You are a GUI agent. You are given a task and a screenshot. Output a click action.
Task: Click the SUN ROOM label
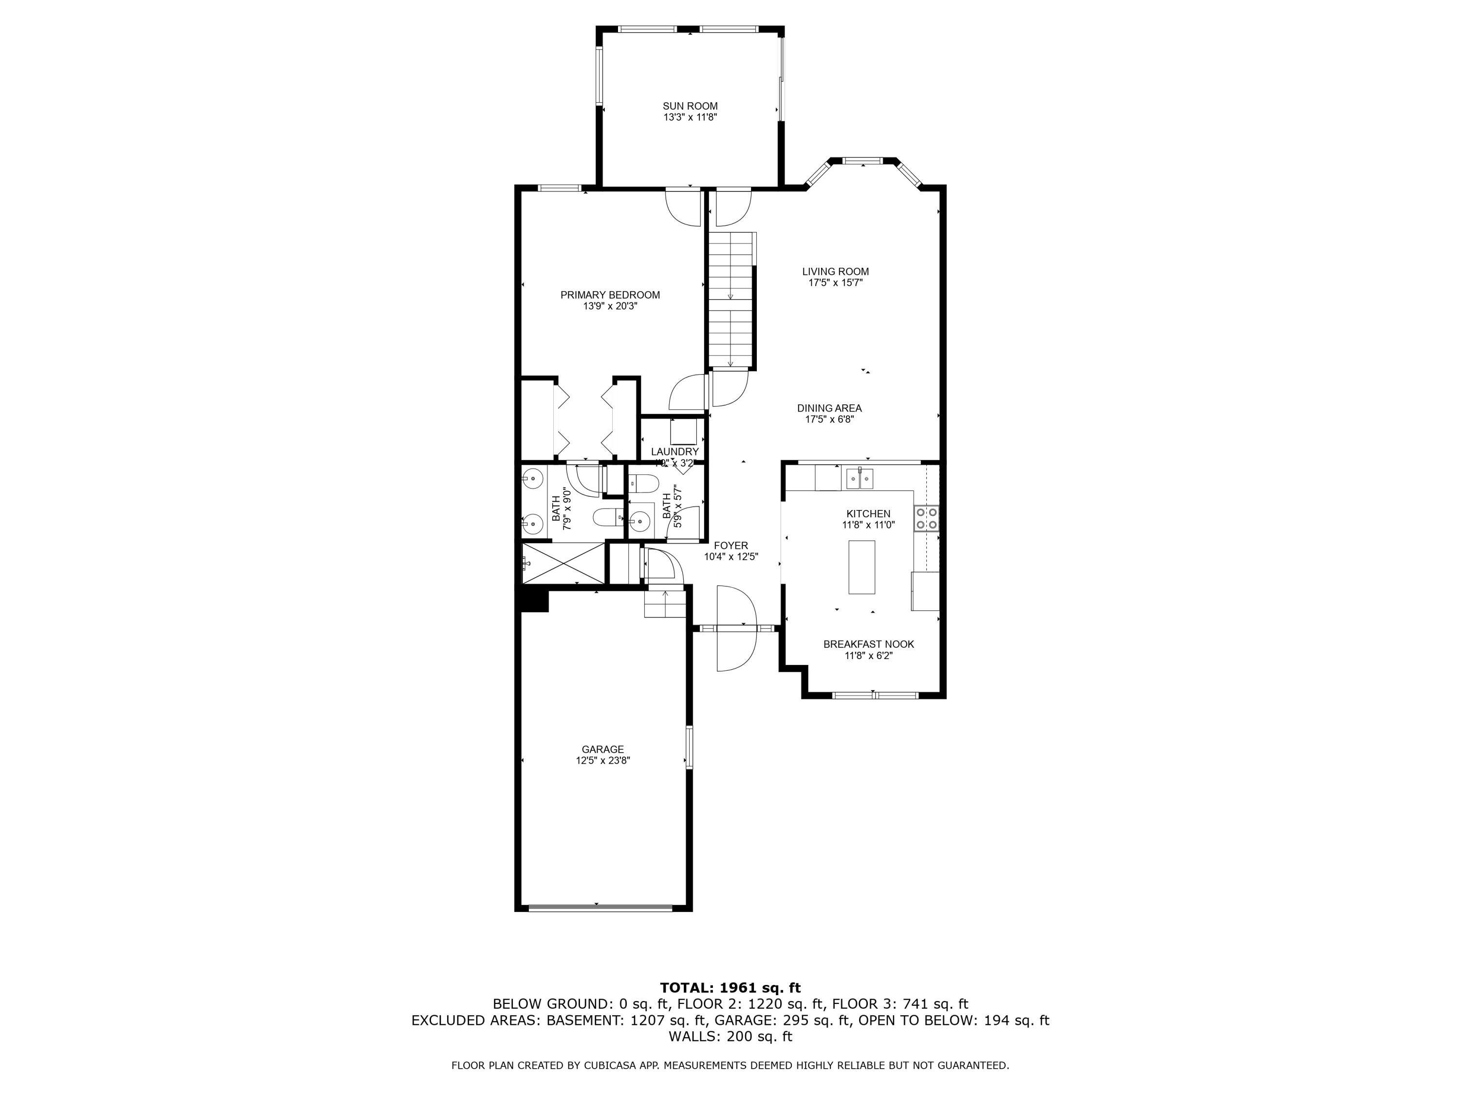click(690, 106)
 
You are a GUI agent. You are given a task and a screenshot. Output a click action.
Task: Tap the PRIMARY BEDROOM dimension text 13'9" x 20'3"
click(610, 306)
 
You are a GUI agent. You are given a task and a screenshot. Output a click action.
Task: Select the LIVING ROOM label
click(836, 271)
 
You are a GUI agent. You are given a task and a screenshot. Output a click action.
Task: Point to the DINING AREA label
click(829, 408)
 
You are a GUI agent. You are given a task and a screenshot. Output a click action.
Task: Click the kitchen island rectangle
click(862, 567)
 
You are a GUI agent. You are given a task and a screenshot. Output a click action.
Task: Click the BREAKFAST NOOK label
click(868, 644)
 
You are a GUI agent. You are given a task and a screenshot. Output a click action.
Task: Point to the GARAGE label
click(602, 749)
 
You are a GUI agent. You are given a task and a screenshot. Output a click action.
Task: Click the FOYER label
click(730, 546)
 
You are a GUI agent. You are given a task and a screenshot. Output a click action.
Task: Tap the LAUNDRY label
click(674, 452)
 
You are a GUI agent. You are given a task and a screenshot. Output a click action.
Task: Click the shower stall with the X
click(563, 563)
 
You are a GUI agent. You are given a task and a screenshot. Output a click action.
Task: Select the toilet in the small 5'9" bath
click(642, 484)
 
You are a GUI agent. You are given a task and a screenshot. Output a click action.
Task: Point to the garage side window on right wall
click(689, 747)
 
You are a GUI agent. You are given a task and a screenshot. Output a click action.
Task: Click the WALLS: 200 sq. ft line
click(730, 1037)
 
